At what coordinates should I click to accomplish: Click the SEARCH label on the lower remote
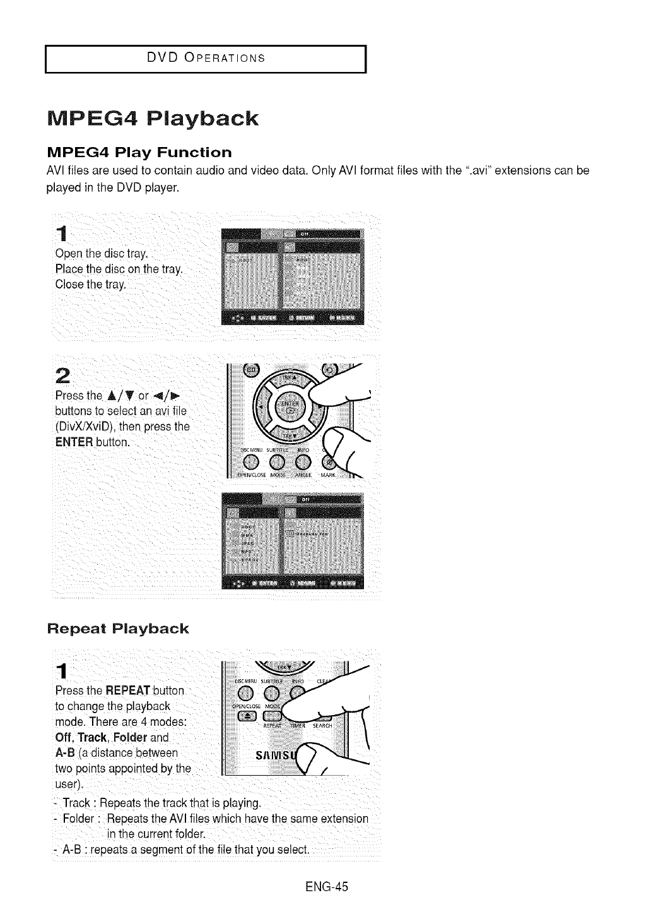coord(322,726)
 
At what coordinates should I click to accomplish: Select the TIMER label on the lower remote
coord(298,726)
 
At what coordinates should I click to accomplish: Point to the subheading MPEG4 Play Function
coord(140,153)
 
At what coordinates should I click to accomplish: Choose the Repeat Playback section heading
coord(118,629)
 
